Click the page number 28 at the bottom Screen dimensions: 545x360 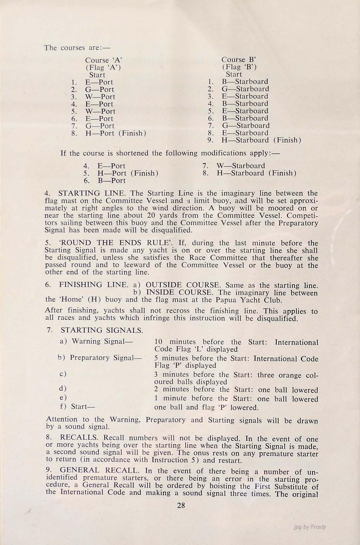181,506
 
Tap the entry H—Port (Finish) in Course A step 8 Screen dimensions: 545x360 116,133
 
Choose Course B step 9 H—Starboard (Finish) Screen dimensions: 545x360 261,140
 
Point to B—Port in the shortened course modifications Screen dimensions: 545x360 111,181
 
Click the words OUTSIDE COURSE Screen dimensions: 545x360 183,285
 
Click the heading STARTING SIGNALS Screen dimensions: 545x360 102,331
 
